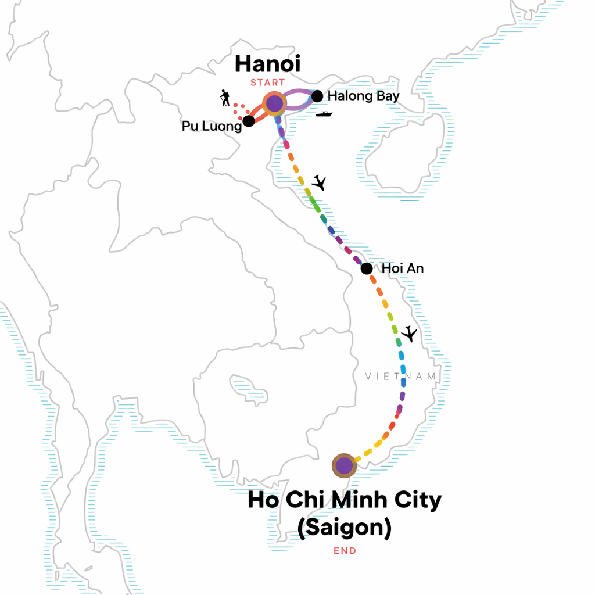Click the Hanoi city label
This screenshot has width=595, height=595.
(x=267, y=64)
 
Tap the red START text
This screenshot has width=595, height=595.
(x=268, y=83)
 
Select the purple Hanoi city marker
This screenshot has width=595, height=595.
(x=274, y=104)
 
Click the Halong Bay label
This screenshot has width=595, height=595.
(x=363, y=96)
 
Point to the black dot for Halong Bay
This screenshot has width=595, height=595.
(x=317, y=96)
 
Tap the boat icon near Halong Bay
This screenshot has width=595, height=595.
(x=324, y=114)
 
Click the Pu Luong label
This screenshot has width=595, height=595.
(x=211, y=126)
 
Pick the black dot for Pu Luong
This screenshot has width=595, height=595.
(x=248, y=121)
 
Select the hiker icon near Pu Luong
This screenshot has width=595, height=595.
(x=225, y=98)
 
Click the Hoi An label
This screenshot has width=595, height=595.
(x=403, y=268)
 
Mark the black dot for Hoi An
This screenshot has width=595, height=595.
(x=367, y=268)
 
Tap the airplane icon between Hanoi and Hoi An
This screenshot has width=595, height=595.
(x=318, y=182)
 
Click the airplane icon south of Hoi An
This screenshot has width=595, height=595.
(x=410, y=334)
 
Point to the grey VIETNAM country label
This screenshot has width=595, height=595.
(x=401, y=377)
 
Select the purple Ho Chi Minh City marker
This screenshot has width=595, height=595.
(x=344, y=465)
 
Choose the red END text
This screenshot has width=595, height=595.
(x=345, y=551)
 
